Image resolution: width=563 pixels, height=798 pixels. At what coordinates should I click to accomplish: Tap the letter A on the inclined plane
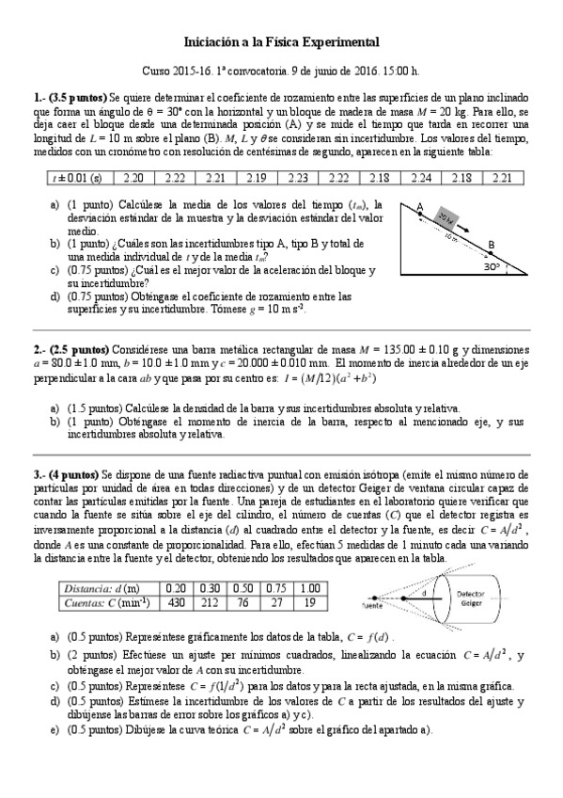coord(420,208)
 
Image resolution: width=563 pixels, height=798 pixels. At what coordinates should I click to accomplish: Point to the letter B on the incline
coord(491,246)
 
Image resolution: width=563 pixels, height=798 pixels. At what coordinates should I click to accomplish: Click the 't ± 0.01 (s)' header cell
coord(78,177)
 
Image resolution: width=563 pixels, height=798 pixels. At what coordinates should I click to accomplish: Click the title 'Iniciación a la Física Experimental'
coord(280,42)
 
